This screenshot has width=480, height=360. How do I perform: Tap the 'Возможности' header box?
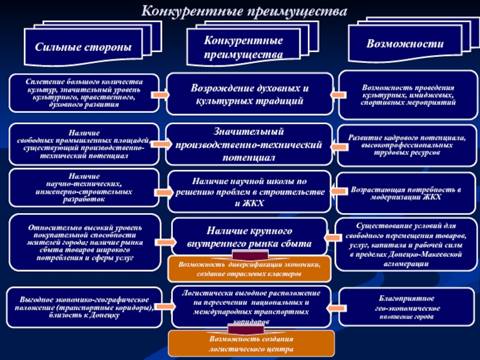point(404,44)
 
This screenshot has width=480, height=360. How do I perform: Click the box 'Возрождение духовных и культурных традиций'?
point(250,94)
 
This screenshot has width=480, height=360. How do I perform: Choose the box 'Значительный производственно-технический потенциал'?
point(250,144)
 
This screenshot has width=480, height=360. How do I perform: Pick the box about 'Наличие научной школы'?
point(250,191)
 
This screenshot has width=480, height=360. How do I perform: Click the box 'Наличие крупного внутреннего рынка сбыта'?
point(250,237)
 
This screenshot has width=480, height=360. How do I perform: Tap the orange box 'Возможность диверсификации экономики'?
point(250,269)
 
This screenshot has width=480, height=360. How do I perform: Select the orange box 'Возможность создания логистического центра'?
point(250,343)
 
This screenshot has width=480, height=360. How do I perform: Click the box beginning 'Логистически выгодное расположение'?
point(250,307)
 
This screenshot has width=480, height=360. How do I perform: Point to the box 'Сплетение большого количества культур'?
point(85,92)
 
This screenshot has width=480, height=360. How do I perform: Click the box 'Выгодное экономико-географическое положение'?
point(85,307)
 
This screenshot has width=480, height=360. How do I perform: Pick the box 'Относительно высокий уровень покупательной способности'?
point(85,242)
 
